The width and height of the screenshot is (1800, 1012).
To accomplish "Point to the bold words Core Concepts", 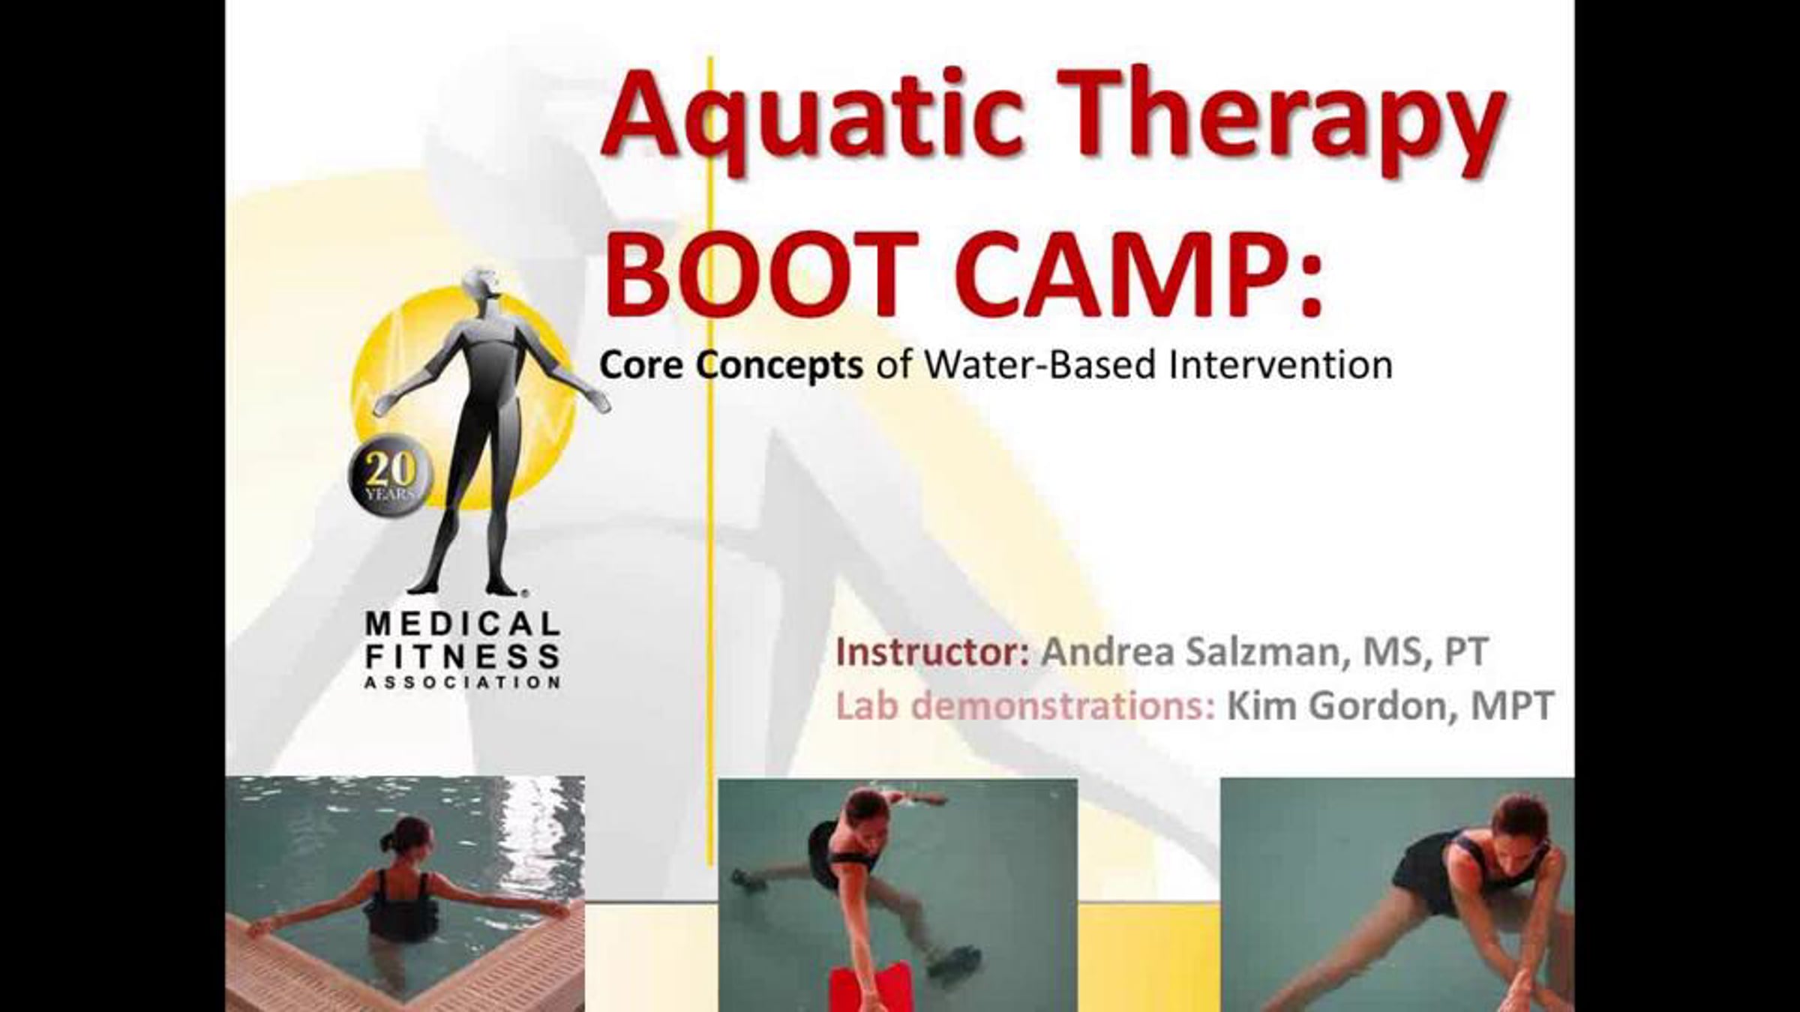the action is pyautogui.click(x=731, y=366).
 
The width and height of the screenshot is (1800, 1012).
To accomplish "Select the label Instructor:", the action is pyautogui.click(x=932, y=651).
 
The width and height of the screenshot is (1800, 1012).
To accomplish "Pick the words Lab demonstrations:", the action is pyautogui.click(x=1025, y=706).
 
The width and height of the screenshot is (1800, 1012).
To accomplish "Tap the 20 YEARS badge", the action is pyautogui.click(x=391, y=475).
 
